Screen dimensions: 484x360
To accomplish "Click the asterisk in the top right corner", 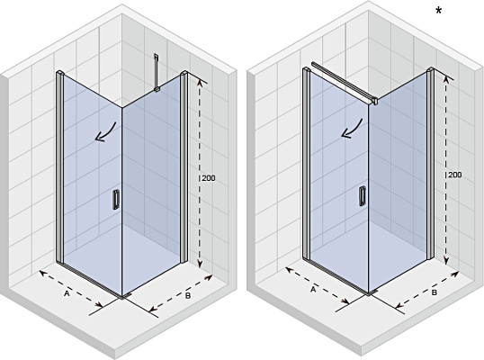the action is coord(439,12).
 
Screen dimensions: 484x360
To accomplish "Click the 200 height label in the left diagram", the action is coord(209,178).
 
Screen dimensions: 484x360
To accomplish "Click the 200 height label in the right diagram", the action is coord(455,175).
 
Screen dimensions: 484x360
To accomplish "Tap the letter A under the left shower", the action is coord(67,293).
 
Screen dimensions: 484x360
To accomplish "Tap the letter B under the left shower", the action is coord(188,295).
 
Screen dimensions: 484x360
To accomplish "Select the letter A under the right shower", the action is coord(313,290).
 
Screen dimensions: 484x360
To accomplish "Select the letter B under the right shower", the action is coord(434,292).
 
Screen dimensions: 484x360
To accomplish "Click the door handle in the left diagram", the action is coord(116,200).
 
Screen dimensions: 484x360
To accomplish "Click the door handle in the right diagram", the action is coord(362,196).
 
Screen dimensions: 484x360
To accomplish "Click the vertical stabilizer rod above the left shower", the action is coord(157,73).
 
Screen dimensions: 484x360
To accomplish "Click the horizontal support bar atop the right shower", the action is coord(345,83).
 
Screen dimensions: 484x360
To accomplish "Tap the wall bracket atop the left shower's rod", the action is coord(157,56).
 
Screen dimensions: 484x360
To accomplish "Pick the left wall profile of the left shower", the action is coord(60,166).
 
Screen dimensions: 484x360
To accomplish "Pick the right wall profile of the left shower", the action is coord(184,166).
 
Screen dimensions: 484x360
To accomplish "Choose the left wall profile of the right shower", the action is coord(306,164).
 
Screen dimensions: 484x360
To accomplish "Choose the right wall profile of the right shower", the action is coord(430,164).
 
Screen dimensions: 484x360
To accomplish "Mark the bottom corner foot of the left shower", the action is coord(126,296).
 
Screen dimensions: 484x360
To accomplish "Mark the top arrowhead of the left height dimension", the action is coord(200,83).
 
